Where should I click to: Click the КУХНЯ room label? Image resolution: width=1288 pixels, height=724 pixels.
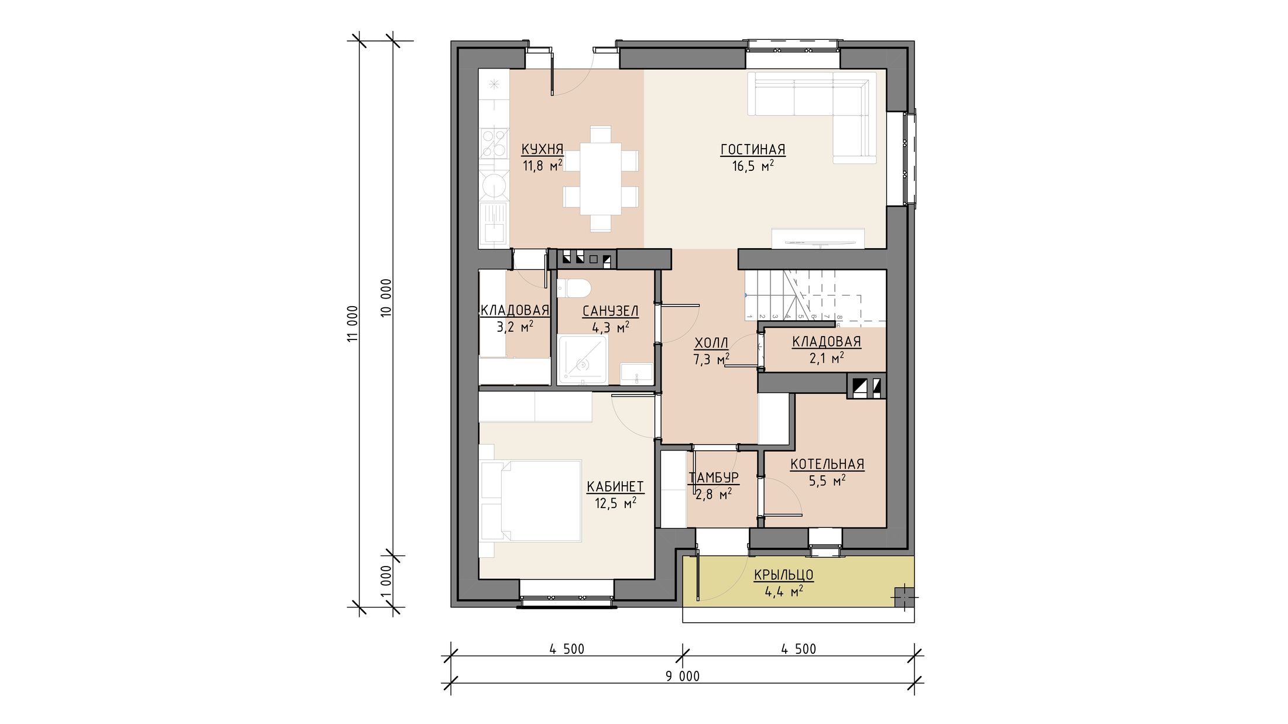point(542,149)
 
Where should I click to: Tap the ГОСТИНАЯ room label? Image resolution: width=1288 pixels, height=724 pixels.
point(752,150)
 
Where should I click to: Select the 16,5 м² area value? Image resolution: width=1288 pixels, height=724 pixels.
point(753,166)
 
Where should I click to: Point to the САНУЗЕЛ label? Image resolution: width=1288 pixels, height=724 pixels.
point(610,311)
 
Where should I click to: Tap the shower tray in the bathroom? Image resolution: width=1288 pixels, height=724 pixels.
point(583,360)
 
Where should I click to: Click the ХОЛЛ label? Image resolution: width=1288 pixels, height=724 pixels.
point(711,343)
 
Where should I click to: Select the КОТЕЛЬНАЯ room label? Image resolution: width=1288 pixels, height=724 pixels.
point(827,464)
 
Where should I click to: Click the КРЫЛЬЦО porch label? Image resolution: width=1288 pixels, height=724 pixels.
point(783,575)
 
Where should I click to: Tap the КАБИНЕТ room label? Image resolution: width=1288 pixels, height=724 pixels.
point(615,487)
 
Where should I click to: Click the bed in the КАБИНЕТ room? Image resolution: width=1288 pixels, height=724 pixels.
point(530,501)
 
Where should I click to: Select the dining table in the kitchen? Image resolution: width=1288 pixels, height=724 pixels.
point(601,179)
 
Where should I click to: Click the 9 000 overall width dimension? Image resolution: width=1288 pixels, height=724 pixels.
point(683,677)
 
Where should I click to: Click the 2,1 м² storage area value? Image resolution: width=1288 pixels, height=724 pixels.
point(827,358)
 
